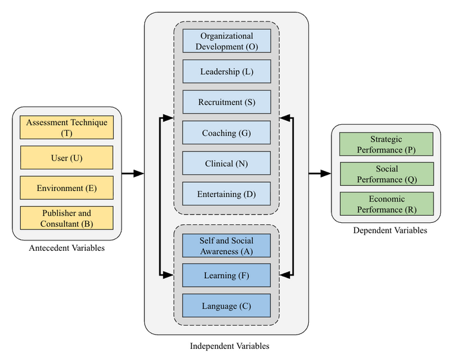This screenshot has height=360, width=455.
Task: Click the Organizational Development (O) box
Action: point(226,41)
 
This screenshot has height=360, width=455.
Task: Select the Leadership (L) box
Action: point(226,71)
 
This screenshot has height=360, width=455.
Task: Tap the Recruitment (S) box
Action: point(226,102)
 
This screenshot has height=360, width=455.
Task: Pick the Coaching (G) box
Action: point(226,133)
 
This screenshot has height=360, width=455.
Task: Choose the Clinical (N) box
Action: point(226,163)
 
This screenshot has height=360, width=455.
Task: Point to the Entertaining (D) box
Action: point(226,194)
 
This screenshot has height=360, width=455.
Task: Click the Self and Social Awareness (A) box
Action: point(226,246)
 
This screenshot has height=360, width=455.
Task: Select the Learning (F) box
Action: point(226,276)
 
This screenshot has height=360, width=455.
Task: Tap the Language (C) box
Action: point(226,305)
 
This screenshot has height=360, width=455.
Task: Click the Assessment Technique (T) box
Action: point(67,127)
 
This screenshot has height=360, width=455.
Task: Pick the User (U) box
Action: point(67,158)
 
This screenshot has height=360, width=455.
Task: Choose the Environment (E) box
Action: point(67,188)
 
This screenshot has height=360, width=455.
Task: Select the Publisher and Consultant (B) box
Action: point(67,218)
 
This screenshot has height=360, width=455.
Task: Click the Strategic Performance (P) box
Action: point(387,144)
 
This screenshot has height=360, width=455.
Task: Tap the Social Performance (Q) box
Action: point(387,174)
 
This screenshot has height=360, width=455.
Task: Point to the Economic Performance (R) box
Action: point(387,204)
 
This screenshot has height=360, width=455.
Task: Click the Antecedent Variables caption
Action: point(67,248)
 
